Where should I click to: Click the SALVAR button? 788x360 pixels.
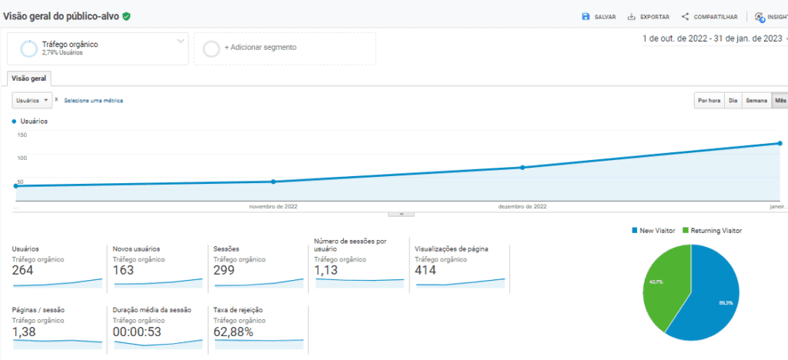click(599, 16)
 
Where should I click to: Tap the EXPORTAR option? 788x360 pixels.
click(648, 16)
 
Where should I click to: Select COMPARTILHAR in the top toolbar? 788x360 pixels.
click(709, 16)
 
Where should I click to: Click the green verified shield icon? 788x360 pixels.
click(126, 15)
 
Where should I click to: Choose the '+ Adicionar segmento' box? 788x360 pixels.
click(284, 48)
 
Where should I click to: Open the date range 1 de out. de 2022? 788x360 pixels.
click(713, 38)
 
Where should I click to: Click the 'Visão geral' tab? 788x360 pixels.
click(29, 78)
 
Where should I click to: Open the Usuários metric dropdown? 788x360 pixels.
click(32, 100)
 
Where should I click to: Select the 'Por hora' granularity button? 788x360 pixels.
click(709, 100)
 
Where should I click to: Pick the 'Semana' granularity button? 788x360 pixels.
click(756, 100)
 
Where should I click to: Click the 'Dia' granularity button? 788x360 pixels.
click(733, 100)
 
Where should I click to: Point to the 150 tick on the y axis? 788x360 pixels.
click(22, 135)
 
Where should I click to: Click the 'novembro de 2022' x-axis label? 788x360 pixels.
click(273, 206)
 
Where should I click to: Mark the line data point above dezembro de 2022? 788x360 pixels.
click(523, 167)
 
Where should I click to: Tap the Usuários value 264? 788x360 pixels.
click(22, 270)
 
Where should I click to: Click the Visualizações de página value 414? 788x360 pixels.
click(426, 270)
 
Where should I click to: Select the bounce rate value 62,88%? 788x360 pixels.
click(233, 332)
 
